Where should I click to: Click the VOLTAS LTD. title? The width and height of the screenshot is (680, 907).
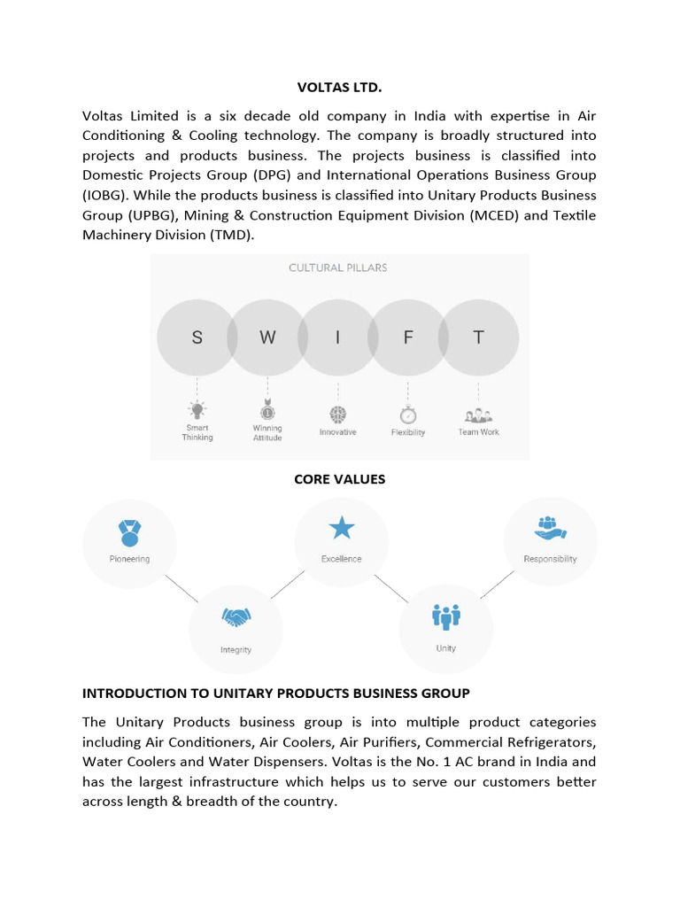tap(339, 88)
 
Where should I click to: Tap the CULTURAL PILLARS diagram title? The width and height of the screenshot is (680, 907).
tap(338, 267)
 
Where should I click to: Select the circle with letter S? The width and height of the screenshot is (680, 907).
tap(197, 337)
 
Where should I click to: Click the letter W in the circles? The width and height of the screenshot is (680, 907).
tap(267, 337)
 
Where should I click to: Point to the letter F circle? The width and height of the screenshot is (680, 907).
tap(408, 337)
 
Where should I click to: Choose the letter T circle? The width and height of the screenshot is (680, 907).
tap(478, 337)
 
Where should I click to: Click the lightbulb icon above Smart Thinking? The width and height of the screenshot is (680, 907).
tap(197, 409)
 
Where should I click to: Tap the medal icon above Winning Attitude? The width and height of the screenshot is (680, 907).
tap(267, 410)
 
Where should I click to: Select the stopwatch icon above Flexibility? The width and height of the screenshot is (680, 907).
tap(408, 414)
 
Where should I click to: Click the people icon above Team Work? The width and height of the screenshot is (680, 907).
tap(478, 414)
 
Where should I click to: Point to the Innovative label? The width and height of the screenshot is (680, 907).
tap(337, 432)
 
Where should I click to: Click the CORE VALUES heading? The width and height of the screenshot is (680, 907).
tap(339, 479)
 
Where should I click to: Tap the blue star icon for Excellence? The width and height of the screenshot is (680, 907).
tap(341, 529)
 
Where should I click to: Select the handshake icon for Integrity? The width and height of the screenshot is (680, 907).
tap(236, 616)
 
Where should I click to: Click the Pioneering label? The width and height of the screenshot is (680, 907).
tap(129, 559)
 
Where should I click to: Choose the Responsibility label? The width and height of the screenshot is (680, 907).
tap(550, 559)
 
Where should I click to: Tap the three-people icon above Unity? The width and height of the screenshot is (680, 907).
tap(445, 615)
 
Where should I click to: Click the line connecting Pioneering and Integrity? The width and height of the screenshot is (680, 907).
tap(182, 587)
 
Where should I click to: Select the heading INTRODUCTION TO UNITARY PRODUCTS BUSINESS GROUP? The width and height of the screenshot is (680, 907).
tap(275, 693)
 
